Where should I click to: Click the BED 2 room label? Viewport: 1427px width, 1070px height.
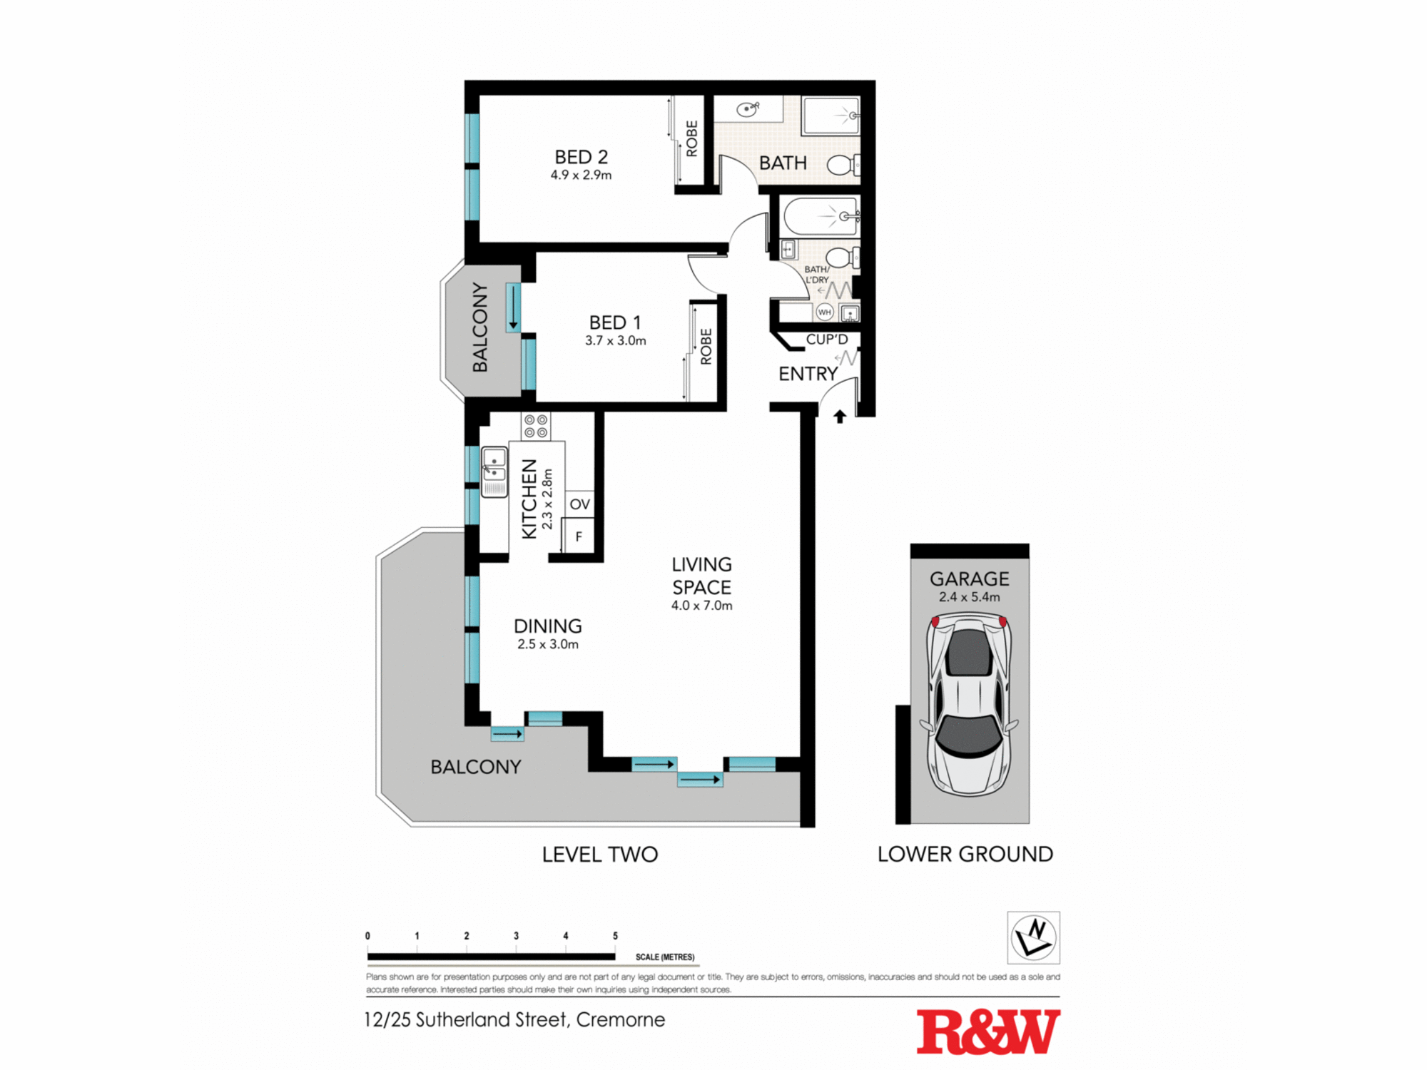click(581, 157)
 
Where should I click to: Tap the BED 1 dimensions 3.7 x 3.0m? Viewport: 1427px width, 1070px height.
click(615, 341)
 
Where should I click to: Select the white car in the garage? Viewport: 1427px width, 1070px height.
click(970, 706)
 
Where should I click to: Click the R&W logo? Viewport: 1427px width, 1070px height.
click(987, 1031)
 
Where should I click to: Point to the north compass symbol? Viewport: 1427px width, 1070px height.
click(1033, 937)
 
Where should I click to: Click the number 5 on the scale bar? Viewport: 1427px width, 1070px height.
click(615, 936)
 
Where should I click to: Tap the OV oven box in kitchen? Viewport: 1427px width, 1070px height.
click(579, 504)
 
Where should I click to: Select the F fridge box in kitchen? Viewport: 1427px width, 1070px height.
click(579, 536)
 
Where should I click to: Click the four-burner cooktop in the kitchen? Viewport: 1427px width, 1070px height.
click(536, 427)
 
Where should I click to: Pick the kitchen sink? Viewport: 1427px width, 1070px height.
click(494, 471)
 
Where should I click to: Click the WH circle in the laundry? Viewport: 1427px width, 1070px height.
click(825, 312)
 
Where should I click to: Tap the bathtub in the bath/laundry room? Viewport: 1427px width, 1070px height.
click(819, 216)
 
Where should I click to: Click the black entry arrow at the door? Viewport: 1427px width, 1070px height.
click(840, 417)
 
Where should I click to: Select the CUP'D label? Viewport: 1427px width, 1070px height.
click(827, 340)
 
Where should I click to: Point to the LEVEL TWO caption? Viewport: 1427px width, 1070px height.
click(599, 854)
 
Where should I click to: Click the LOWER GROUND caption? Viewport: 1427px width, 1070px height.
click(965, 854)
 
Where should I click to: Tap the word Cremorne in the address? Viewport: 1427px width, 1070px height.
click(620, 1020)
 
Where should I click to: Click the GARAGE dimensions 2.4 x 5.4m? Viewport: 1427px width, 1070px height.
click(969, 597)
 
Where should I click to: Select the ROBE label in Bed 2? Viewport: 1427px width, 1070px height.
click(691, 138)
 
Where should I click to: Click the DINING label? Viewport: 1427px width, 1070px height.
click(547, 626)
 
